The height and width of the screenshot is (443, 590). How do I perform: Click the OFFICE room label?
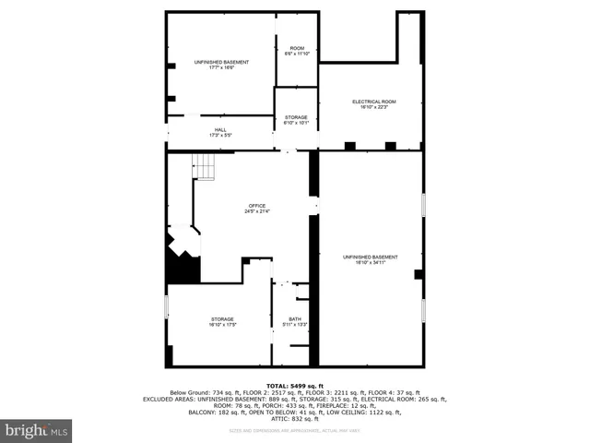coord(255,205)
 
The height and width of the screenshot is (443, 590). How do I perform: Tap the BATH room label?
coord(294,318)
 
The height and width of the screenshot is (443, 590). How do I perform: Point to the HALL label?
coord(220,129)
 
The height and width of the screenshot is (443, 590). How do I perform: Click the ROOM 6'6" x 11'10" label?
coord(297,48)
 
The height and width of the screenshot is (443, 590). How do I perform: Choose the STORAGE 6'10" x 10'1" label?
coord(295,117)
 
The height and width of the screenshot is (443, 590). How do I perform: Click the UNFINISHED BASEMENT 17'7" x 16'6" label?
coord(220,62)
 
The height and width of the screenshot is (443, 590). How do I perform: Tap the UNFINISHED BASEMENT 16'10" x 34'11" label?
coord(370,257)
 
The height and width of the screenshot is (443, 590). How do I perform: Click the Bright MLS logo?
coord(37,430)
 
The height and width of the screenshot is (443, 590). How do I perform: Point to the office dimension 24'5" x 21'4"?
coord(255,211)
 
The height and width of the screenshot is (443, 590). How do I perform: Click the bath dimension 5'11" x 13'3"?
coord(294,325)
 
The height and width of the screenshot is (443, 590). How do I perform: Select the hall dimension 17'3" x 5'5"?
coord(220,136)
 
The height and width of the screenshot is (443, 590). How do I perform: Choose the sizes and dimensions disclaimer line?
coord(295,430)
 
